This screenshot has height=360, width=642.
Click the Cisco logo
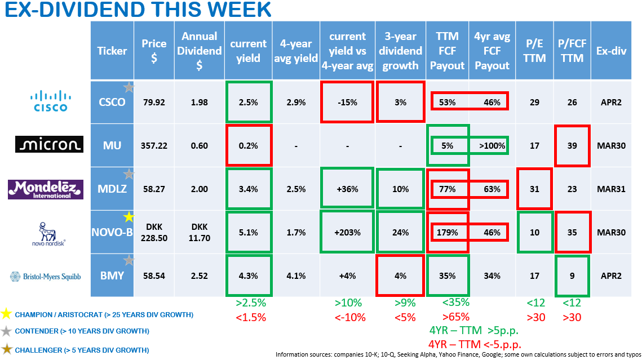(x=48, y=101)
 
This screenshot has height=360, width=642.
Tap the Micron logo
(x=48, y=145)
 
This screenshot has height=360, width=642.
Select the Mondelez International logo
(x=45, y=188)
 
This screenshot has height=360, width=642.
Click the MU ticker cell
(x=112, y=145)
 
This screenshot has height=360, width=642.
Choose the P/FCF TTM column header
(x=572, y=51)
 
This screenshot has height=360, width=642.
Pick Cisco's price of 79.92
(x=154, y=103)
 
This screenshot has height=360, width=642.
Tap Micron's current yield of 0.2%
(x=248, y=145)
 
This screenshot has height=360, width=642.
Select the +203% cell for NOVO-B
(x=348, y=232)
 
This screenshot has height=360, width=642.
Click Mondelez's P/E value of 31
(x=534, y=189)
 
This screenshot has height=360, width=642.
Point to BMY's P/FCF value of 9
(x=572, y=276)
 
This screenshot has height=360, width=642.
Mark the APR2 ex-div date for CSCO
(x=609, y=103)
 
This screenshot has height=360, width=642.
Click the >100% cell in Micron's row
(x=492, y=145)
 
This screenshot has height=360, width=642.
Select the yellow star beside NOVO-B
(x=129, y=216)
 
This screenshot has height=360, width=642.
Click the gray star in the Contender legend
(x=7, y=331)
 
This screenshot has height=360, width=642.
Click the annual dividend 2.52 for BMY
(x=199, y=276)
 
